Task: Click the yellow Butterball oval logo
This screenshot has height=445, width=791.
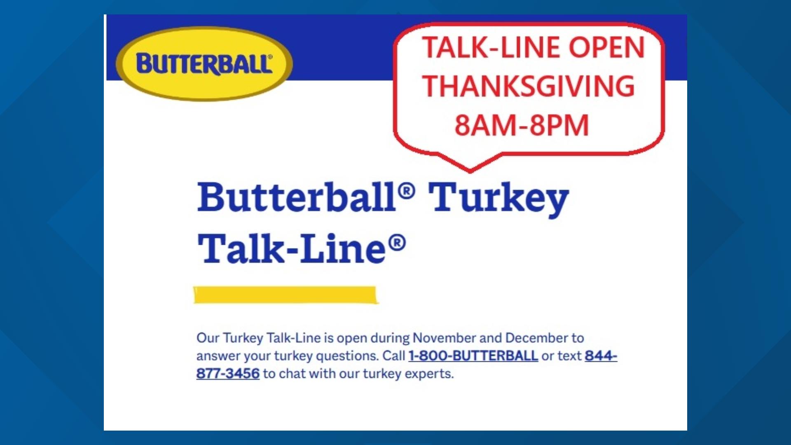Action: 204,63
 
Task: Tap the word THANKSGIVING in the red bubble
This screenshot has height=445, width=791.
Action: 529,87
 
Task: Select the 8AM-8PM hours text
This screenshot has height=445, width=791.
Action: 522,125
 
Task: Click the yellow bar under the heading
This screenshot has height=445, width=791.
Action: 286,295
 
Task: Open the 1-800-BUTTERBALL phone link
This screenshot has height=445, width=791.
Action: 473,356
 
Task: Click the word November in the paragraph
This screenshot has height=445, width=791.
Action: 444,338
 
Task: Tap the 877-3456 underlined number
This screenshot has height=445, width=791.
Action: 228,374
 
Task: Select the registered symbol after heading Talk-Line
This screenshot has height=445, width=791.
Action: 397,243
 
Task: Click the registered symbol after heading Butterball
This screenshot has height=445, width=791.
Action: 407,191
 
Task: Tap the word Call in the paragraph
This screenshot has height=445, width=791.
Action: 394,356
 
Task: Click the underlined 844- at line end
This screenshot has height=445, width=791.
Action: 601,356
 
